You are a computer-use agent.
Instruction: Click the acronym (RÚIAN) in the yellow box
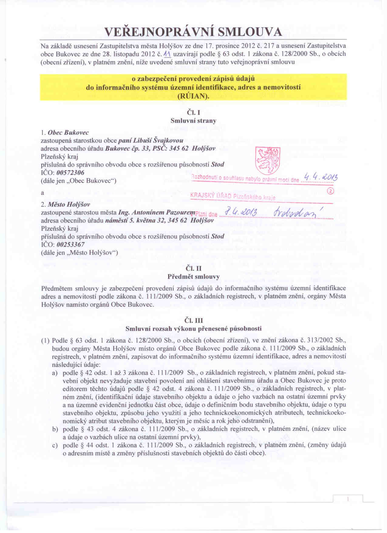(193, 96)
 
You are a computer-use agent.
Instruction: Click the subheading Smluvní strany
(193, 121)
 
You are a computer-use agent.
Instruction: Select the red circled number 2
(331, 191)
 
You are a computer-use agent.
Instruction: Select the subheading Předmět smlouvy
(193, 277)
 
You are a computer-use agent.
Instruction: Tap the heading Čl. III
(193, 320)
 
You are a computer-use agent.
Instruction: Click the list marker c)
(55, 445)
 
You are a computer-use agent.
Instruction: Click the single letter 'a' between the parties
(42, 193)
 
